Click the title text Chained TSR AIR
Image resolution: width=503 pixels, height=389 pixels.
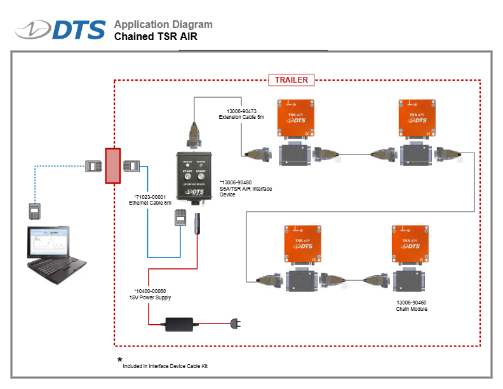click(x=156, y=37)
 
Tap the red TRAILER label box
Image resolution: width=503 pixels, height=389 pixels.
click(x=292, y=80)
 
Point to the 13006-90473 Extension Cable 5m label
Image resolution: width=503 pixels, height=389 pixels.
click(x=241, y=114)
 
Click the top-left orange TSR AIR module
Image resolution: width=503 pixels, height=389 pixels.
click(x=297, y=118)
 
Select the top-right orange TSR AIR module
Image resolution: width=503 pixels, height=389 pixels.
click(x=417, y=118)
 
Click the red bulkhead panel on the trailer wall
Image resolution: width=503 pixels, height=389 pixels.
click(x=112, y=166)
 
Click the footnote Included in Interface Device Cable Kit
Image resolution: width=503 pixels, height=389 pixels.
click(x=165, y=366)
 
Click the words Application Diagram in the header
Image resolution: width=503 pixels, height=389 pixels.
click(x=163, y=25)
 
